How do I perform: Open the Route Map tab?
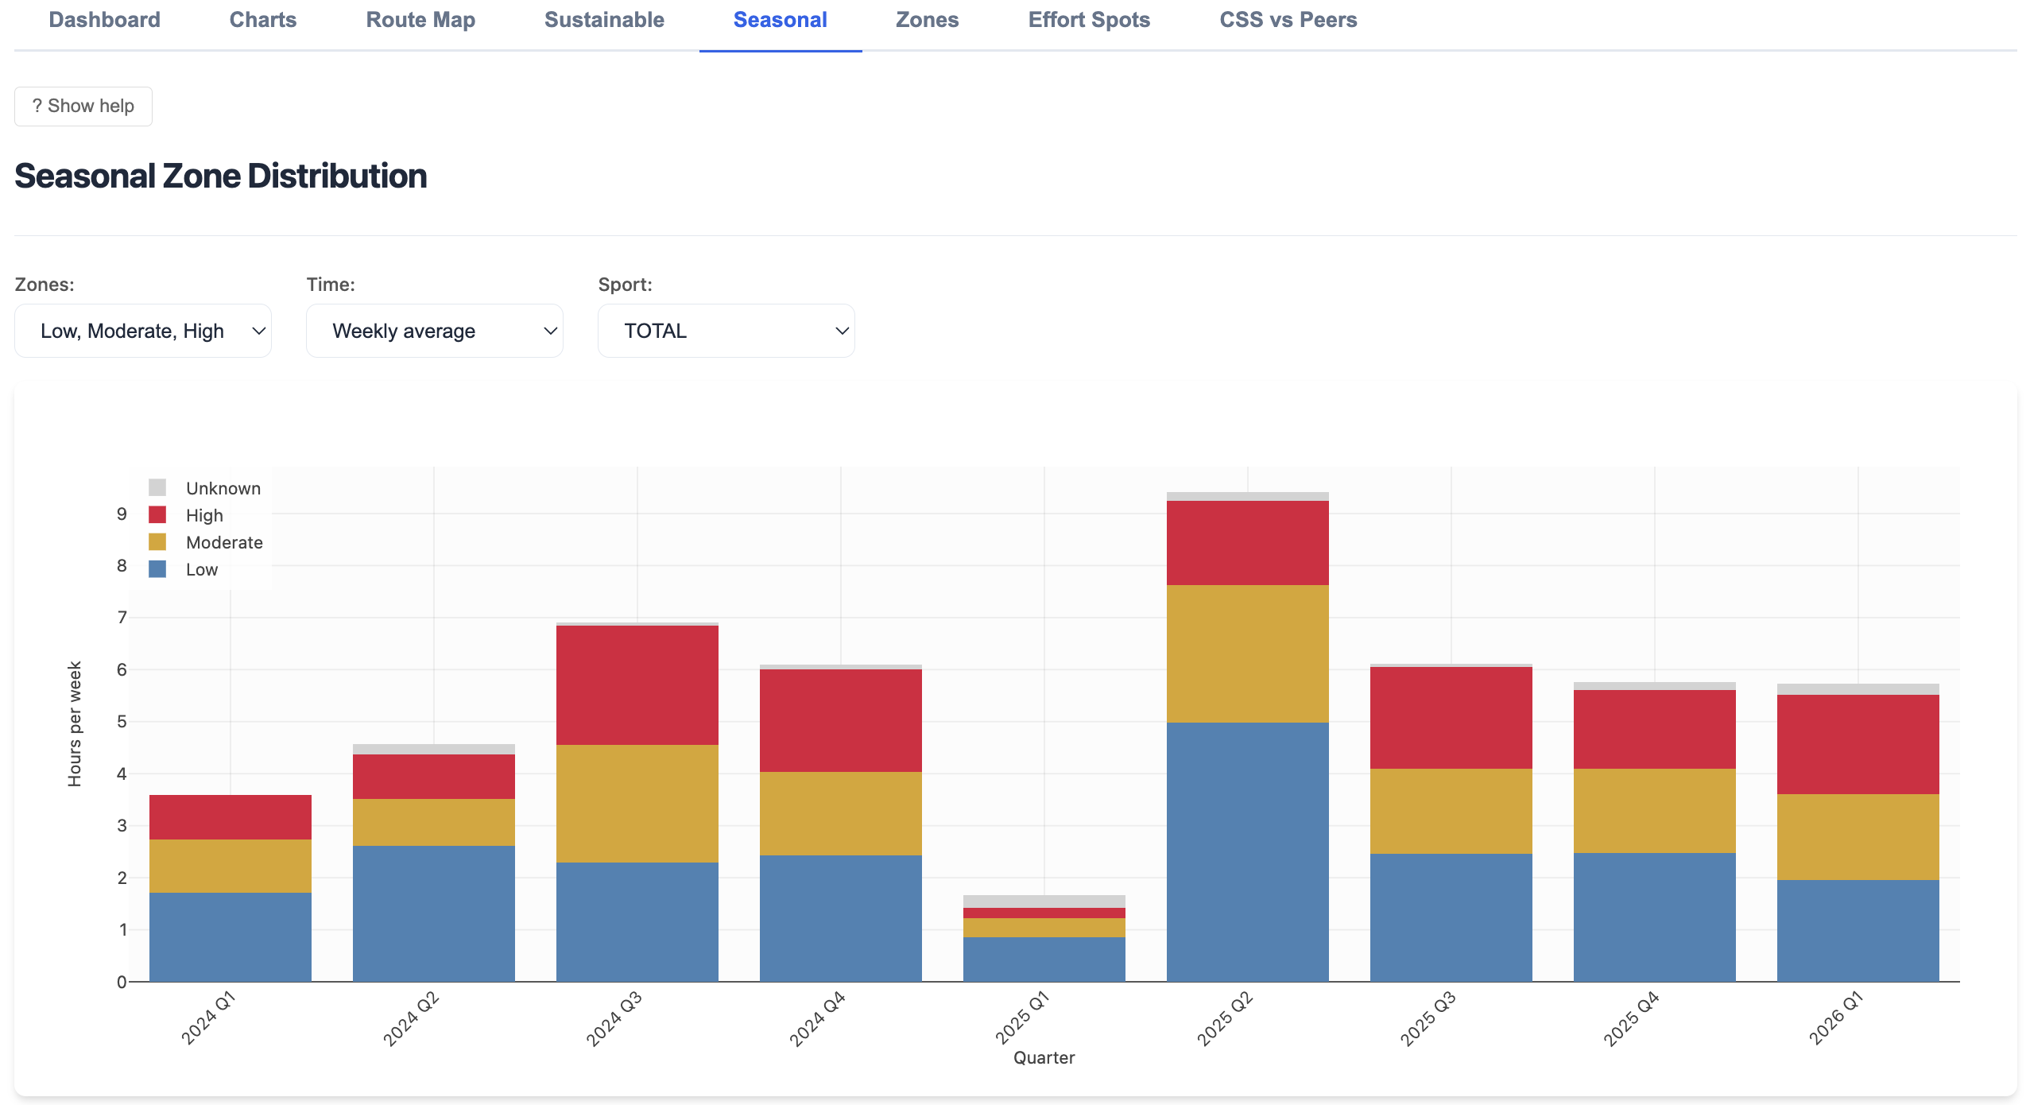[x=420, y=20]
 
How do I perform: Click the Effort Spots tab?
[x=1089, y=20]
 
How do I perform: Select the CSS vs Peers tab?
[x=1288, y=20]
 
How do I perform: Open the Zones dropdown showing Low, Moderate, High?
[x=143, y=331]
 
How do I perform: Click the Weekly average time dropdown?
[x=435, y=331]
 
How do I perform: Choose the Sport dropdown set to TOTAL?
[x=726, y=331]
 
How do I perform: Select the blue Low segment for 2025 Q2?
[x=1248, y=851]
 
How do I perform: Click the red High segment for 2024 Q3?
[x=637, y=685]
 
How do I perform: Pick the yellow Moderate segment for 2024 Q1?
[x=231, y=866]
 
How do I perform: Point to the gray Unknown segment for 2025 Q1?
[x=1044, y=901]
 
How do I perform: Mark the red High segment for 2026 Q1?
[x=1858, y=744]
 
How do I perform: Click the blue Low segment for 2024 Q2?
[x=434, y=913]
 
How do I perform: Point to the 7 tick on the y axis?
[x=122, y=618]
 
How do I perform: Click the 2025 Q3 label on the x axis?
[x=1428, y=1018]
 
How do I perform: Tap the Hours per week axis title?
[x=75, y=724]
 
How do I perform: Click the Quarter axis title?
[x=1044, y=1058]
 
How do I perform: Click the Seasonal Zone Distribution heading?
[x=221, y=176]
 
